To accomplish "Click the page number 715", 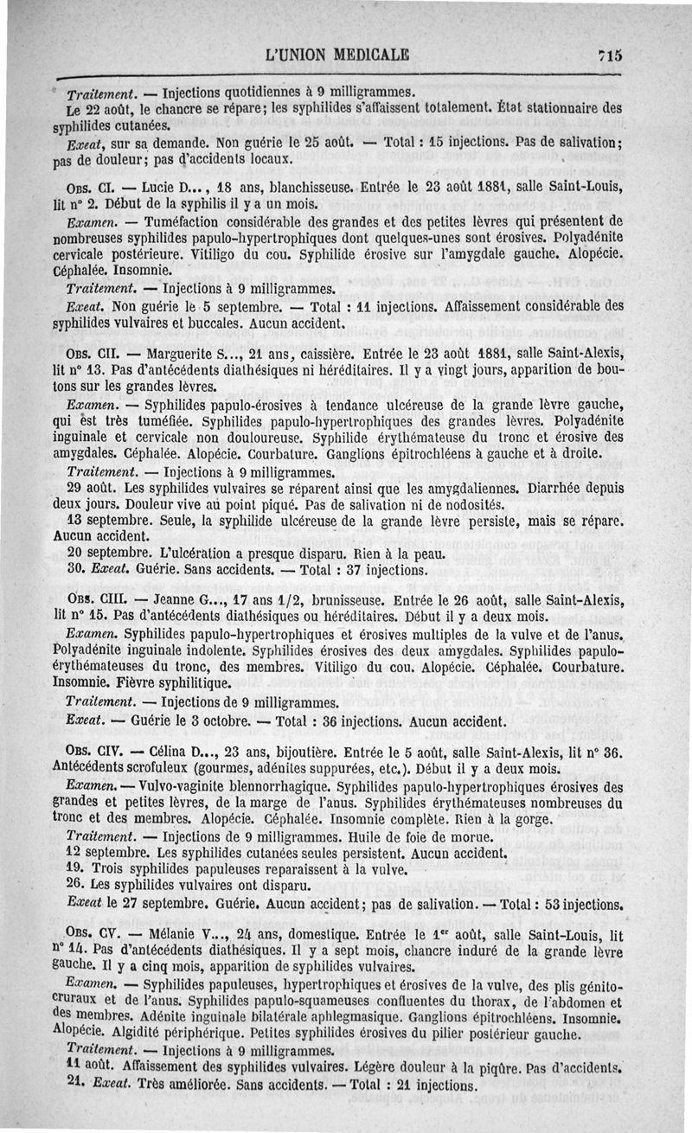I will tap(611, 54).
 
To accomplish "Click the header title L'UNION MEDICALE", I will tap(338, 54).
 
